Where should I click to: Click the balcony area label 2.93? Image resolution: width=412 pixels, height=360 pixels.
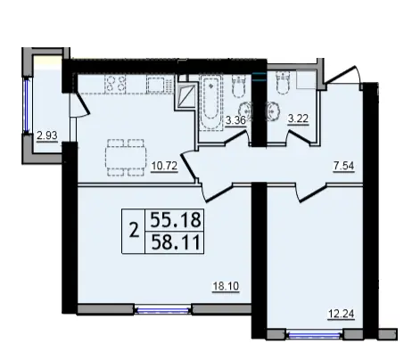point(47,136)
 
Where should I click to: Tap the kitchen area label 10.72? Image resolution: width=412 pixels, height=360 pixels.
point(164,166)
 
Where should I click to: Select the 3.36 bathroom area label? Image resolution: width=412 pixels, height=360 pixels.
point(235,120)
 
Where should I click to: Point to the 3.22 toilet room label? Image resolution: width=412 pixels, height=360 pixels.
point(298,119)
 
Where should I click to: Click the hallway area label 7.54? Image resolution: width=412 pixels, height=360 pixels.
point(343,166)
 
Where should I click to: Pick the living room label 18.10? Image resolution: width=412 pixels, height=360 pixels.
point(226,286)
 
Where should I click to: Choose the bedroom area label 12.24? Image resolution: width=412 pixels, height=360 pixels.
point(342,314)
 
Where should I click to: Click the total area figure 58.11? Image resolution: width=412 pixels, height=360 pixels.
point(175,243)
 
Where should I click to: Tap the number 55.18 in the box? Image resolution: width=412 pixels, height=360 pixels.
point(175,220)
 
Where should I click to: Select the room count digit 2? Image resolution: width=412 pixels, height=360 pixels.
point(134,231)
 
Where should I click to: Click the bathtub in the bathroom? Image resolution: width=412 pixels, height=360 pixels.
point(211,102)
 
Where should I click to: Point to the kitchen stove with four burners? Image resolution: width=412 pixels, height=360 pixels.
point(115,83)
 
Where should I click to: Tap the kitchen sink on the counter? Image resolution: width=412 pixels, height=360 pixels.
point(157,85)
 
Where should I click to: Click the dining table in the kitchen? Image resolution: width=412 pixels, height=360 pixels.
point(126,157)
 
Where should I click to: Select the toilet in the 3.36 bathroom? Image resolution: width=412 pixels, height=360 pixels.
point(238,86)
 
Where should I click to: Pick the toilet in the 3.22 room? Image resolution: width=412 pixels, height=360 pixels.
point(283,84)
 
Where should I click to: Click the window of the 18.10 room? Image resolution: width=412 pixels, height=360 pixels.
point(163,310)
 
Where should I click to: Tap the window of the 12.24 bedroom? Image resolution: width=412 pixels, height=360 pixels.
point(315,335)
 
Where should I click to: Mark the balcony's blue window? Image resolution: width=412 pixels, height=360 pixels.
point(27,106)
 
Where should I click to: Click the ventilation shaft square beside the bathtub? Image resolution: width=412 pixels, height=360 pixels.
point(185,95)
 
